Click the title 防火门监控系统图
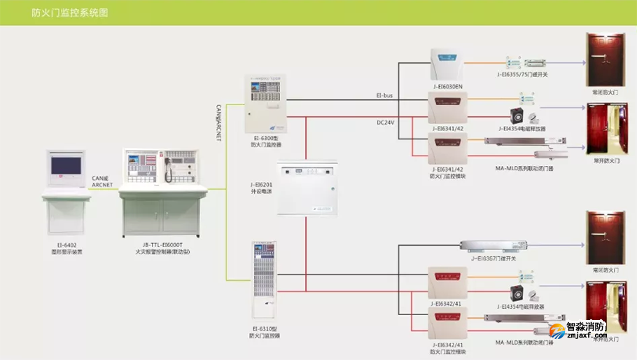(x=70, y=13)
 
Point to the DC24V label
(x=386, y=123)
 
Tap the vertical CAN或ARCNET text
(x=219, y=123)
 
